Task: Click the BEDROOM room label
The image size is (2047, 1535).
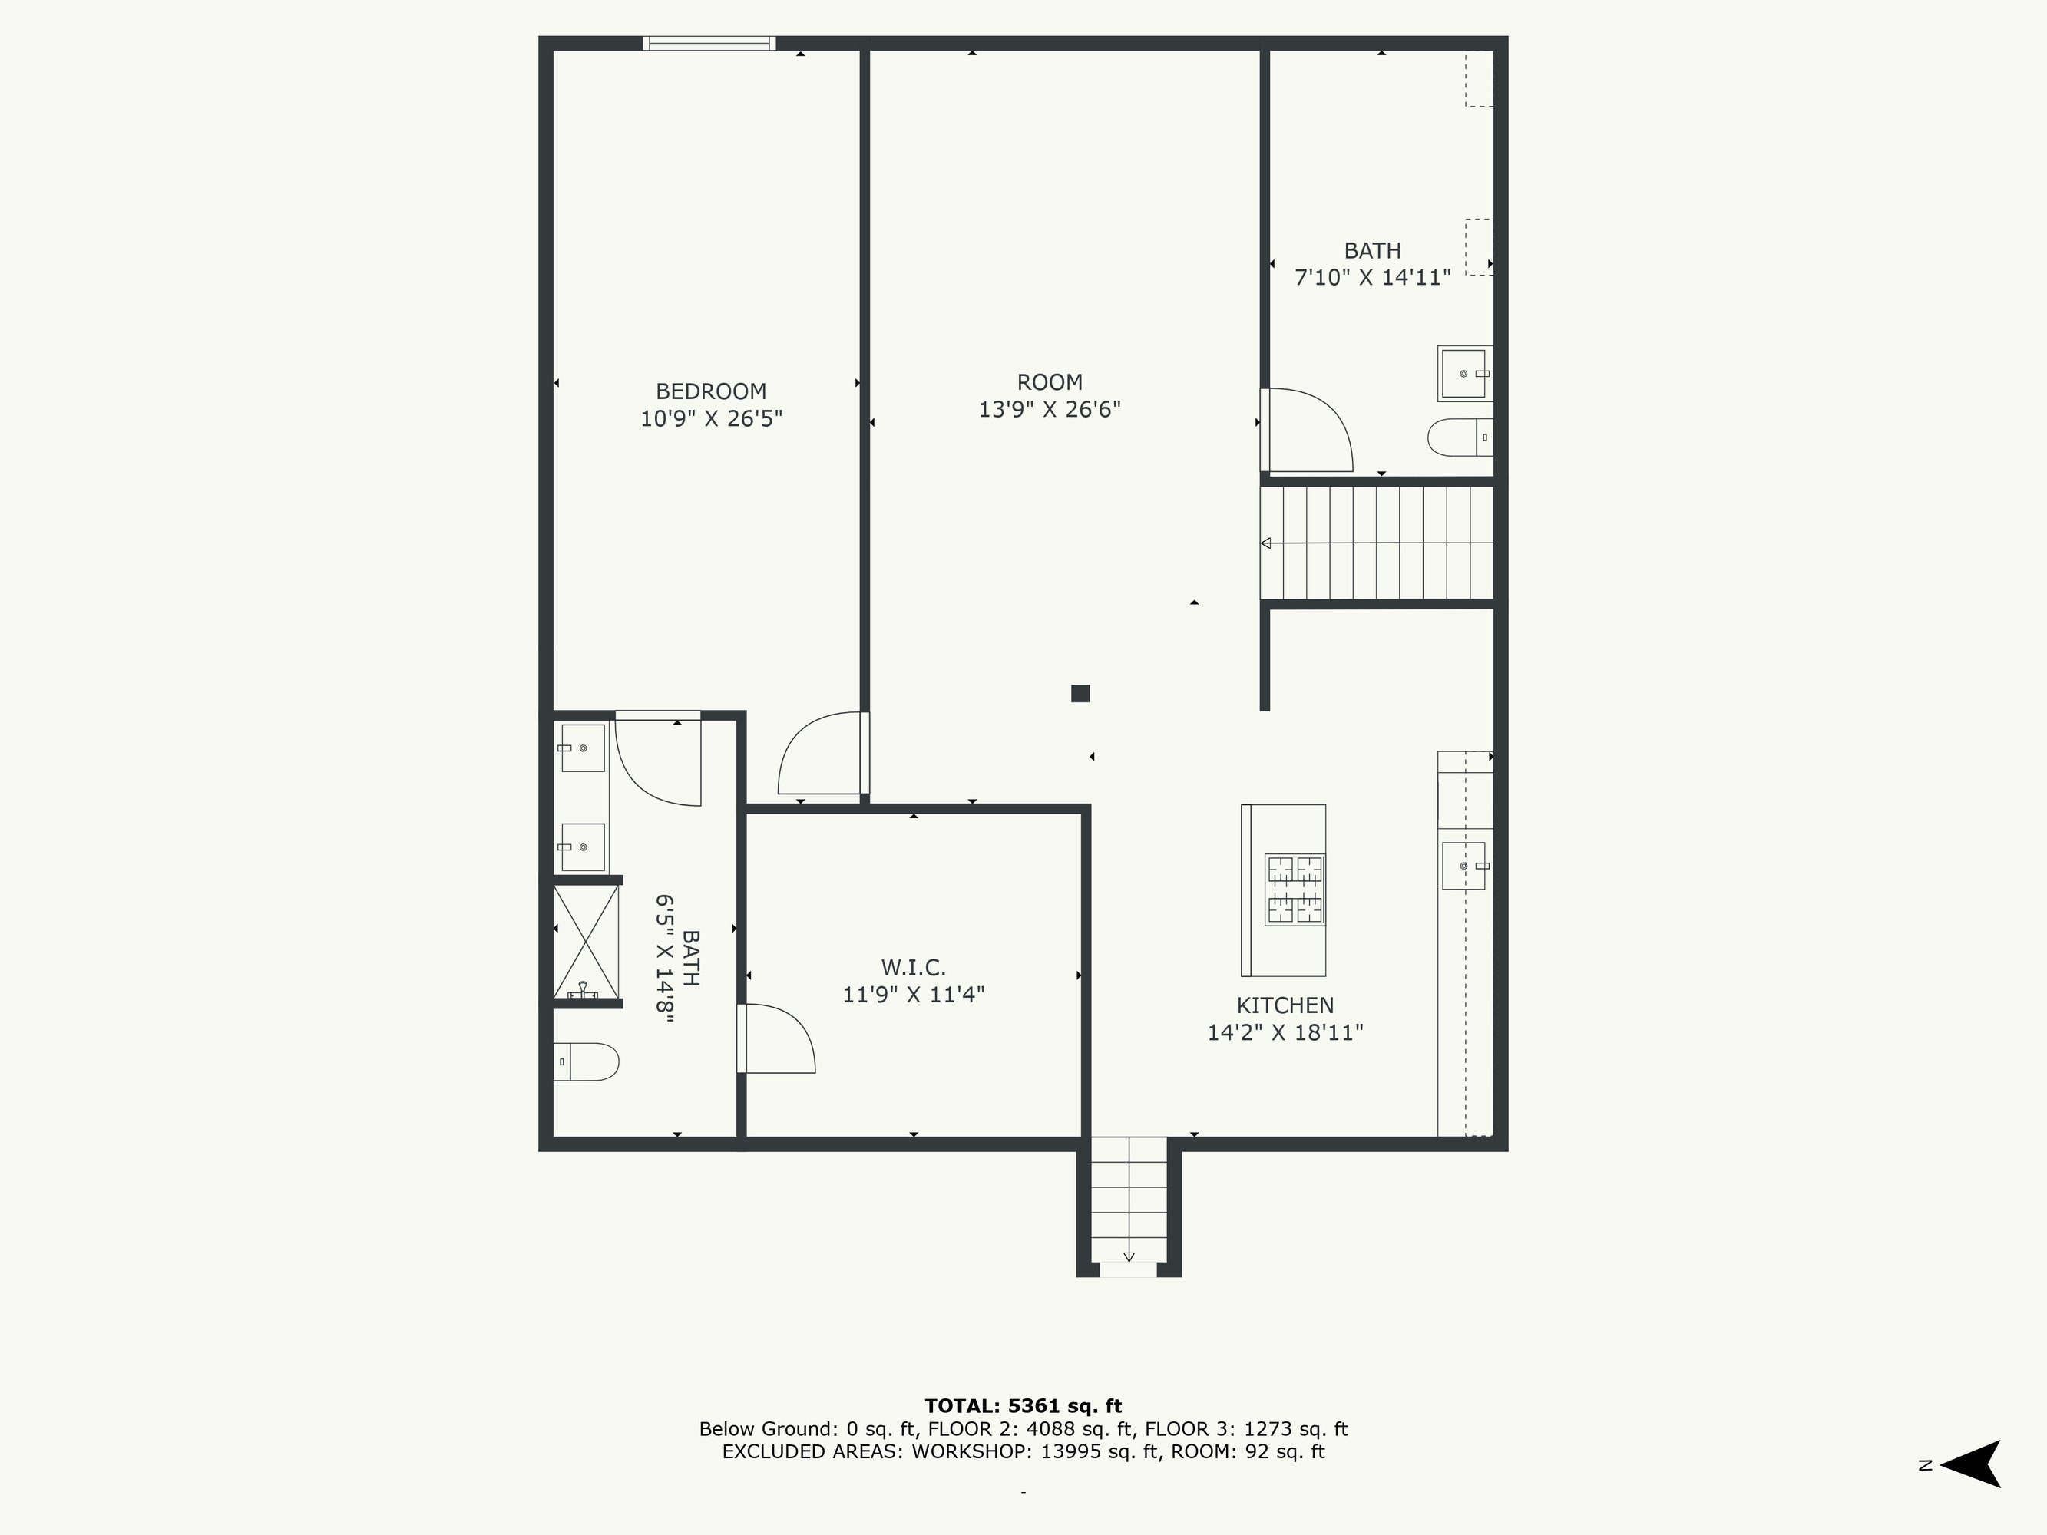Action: [711, 391]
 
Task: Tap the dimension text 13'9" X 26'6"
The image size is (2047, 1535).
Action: [1050, 409]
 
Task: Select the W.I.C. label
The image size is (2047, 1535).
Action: [914, 968]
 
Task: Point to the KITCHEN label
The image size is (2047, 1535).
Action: [1285, 1005]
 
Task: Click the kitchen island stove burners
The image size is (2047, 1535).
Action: [1295, 890]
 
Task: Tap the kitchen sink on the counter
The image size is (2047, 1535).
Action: [1463, 866]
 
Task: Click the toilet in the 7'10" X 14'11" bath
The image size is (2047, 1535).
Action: [1460, 437]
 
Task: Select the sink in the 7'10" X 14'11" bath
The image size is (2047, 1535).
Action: [1465, 374]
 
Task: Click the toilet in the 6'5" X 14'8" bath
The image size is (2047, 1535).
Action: [586, 1061]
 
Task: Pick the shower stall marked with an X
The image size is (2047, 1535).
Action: [586, 942]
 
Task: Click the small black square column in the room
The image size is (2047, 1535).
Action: [1080, 693]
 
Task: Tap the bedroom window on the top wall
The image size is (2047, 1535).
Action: [709, 42]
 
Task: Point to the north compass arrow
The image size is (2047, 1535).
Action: [1971, 1464]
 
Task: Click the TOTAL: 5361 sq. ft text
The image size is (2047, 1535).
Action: [1023, 1406]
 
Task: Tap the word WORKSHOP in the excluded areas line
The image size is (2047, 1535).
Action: [972, 1452]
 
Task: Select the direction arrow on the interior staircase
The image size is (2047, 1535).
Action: [1266, 543]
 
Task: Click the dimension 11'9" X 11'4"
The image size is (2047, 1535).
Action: [914, 995]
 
